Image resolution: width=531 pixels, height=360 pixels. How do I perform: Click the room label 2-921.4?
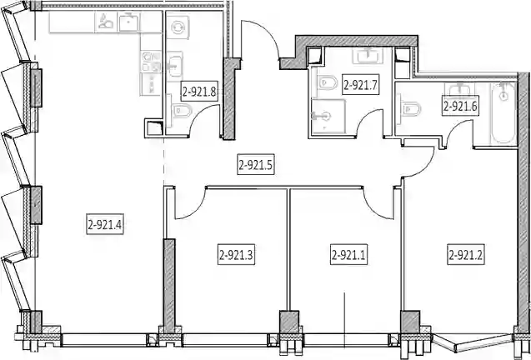[x=105, y=224]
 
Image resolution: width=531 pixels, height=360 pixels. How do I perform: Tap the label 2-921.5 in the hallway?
[x=255, y=165]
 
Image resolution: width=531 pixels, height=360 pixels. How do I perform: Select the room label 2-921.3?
[x=236, y=254]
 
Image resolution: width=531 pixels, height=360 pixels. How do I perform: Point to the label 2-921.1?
[x=348, y=254]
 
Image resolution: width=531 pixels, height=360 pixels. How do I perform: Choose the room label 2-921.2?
[x=466, y=254]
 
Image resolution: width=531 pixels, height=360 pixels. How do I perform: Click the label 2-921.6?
[x=460, y=106]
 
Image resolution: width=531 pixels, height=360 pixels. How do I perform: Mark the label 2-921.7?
[x=360, y=84]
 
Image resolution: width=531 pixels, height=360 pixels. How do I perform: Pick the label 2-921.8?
[x=199, y=91]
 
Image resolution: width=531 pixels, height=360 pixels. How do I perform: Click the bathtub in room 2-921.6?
[x=503, y=112]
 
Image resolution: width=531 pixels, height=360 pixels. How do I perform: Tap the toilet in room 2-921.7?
[x=326, y=82]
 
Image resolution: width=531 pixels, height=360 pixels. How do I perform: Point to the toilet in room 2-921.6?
[x=410, y=108]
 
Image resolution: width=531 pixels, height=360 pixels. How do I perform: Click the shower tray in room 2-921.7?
[x=328, y=116]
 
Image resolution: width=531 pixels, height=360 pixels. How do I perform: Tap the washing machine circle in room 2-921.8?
[x=177, y=27]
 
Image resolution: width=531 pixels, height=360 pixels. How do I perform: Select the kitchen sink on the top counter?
[x=128, y=22]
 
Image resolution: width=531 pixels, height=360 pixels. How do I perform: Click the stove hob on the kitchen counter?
[x=151, y=62]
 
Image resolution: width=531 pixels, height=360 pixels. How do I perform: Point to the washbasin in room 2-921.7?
[x=368, y=55]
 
